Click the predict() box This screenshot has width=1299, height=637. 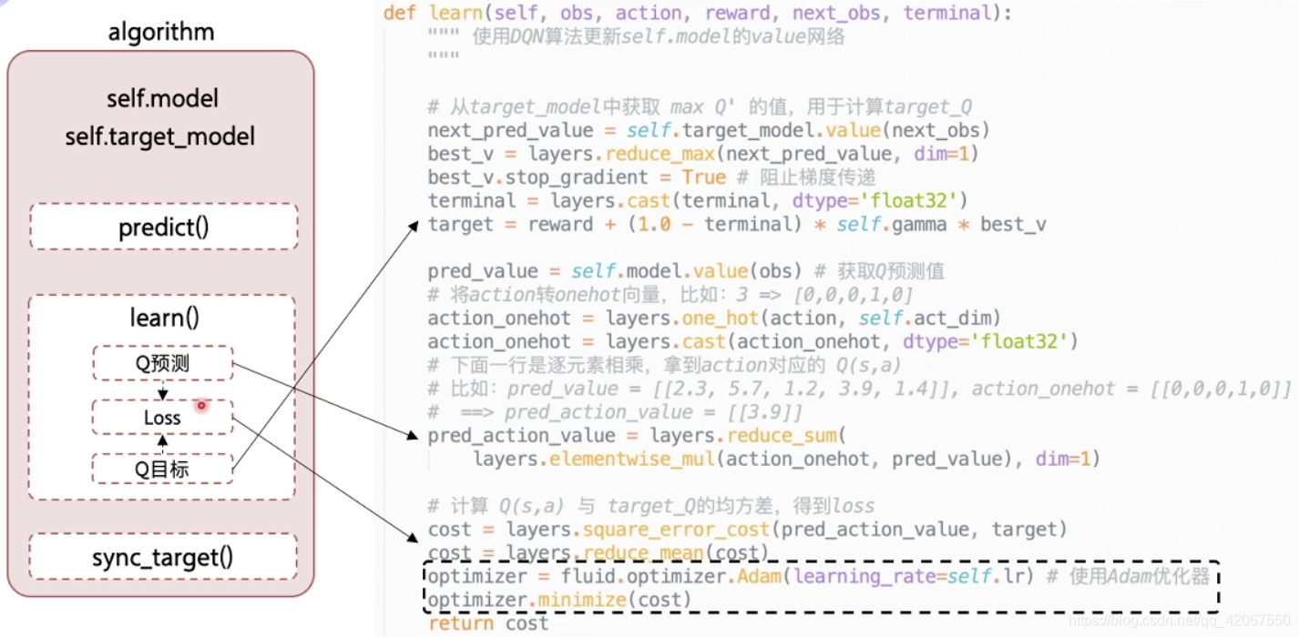[164, 227]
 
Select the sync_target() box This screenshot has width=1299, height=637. [163, 557]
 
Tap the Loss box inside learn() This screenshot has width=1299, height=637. [162, 418]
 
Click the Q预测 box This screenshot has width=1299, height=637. [162, 364]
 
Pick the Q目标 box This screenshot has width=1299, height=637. [162, 470]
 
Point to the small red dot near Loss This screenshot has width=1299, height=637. [202, 405]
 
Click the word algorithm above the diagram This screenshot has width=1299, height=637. [161, 33]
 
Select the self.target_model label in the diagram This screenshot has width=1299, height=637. [159, 137]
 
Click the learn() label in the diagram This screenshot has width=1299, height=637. [165, 318]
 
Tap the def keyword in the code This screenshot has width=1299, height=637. [399, 13]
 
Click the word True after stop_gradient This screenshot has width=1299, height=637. [703, 177]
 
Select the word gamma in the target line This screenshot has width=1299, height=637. [912, 224]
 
